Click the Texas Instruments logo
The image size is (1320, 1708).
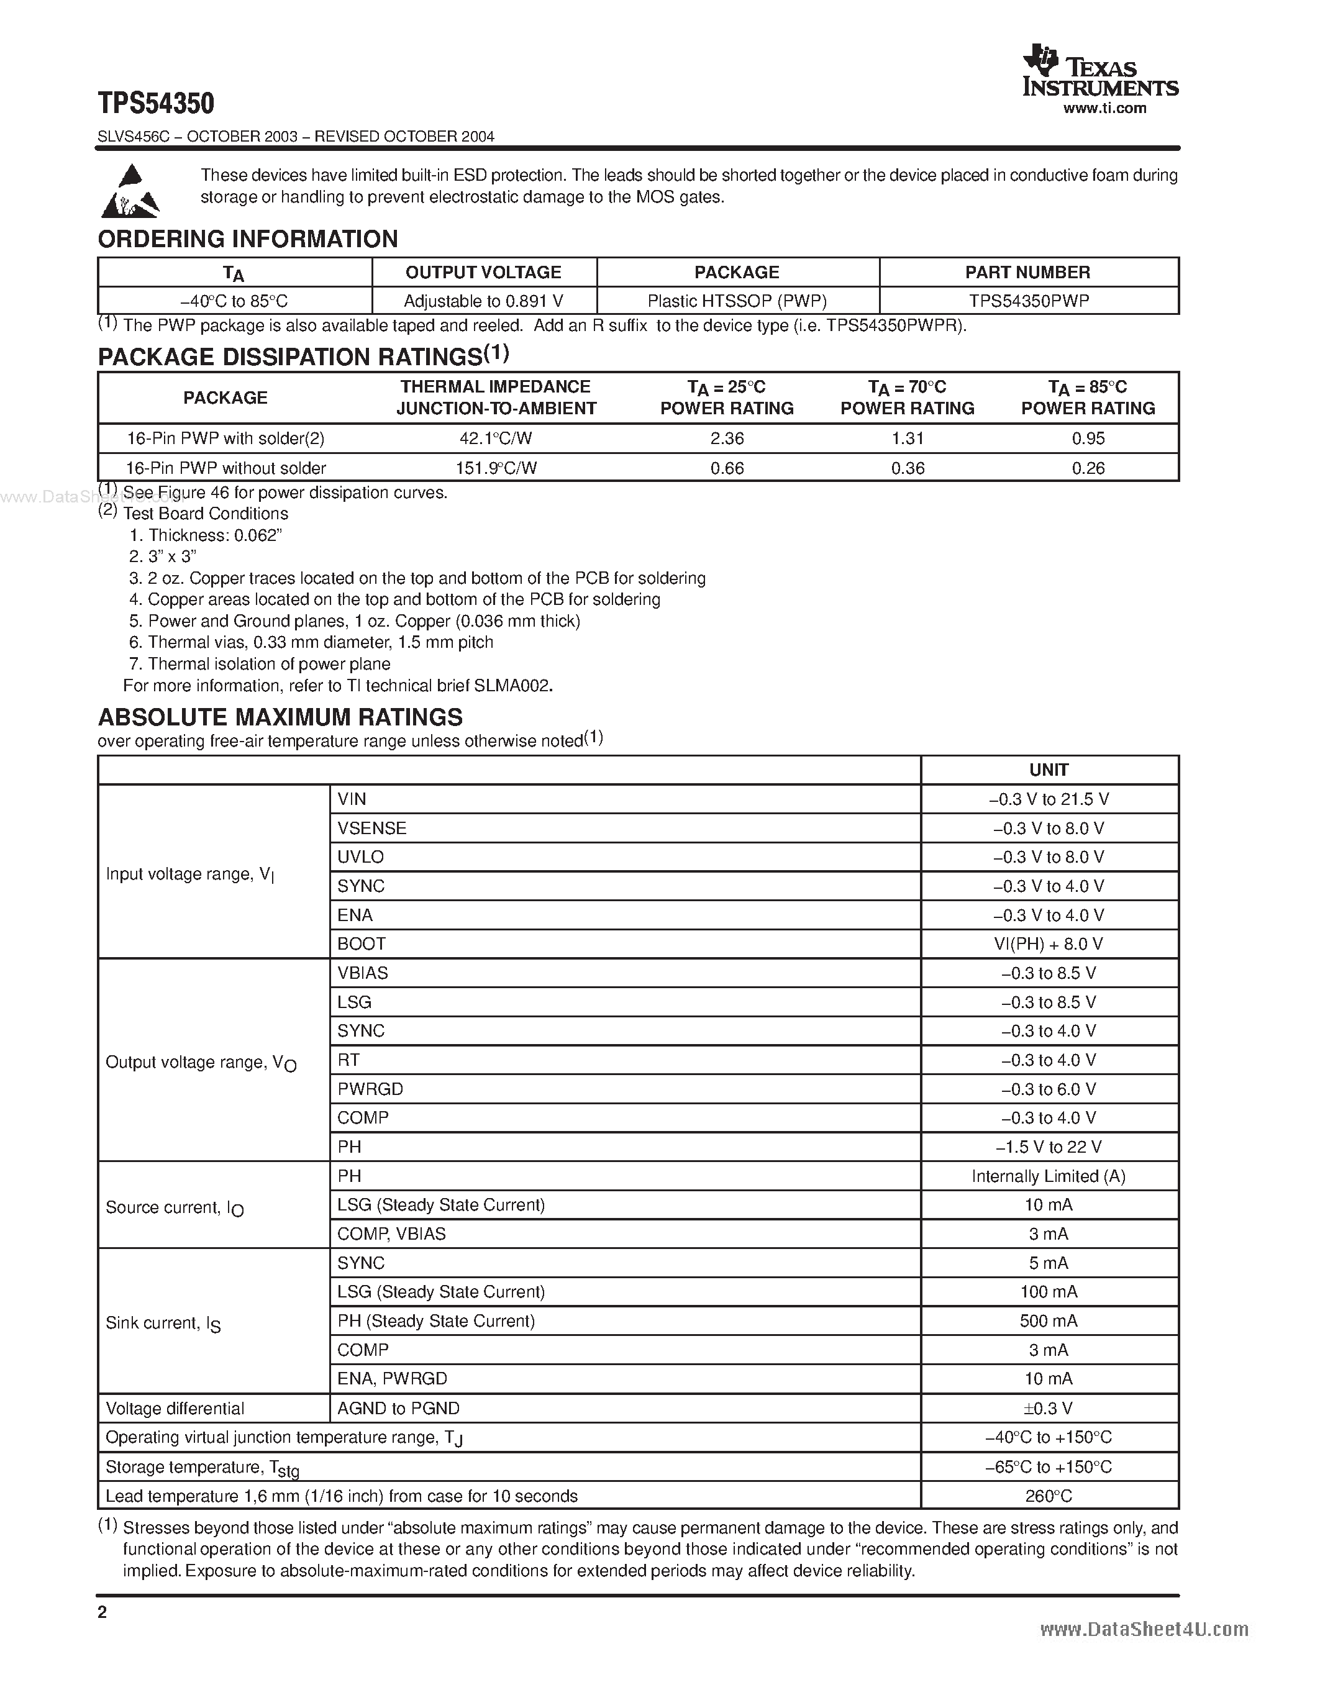(1099, 72)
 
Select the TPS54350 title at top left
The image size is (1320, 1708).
(156, 103)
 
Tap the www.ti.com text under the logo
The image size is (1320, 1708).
(1104, 109)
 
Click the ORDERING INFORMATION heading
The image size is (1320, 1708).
(247, 238)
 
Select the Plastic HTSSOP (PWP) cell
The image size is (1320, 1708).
(737, 301)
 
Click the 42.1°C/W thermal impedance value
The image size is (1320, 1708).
(496, 438)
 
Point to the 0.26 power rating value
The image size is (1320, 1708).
(1088, 468)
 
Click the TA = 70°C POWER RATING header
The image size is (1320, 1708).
(907, 397)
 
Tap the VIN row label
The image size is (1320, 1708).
(352, 799)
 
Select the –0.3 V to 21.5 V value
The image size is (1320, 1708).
(1049, 799)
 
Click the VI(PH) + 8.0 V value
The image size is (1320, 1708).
(1049, 944)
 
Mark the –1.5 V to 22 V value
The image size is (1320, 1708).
(1049, 1147)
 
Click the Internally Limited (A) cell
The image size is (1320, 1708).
(1049, 1176)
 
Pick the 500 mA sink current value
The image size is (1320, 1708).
(1049, 1321)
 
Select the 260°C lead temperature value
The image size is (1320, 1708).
(1049, 1496)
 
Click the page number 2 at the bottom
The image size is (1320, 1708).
(102, 1612)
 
